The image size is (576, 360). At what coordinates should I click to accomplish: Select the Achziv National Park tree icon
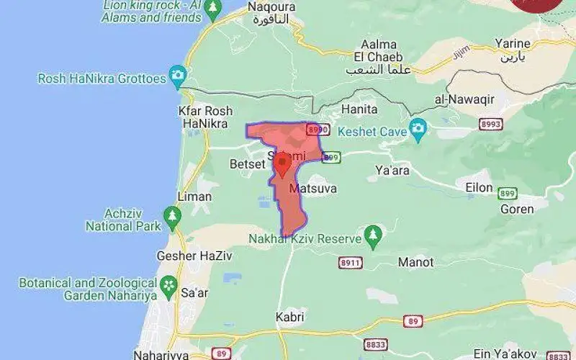point(172,215)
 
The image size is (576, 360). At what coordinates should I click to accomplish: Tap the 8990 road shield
point(318,130)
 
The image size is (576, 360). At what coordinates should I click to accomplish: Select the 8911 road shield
point(350,263)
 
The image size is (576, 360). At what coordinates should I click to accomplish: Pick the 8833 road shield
point(375,345)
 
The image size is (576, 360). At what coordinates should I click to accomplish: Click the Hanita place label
point(360,109)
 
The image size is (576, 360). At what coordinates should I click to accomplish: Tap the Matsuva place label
point(312,189)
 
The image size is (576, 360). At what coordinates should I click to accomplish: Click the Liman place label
point(194,197)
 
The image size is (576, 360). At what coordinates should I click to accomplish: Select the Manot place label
point(415,262)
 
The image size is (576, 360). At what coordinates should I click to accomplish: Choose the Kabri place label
point(290,317)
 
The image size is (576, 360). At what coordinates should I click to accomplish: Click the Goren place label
point(517,210)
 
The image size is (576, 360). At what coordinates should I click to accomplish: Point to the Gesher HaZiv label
point(186,256)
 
